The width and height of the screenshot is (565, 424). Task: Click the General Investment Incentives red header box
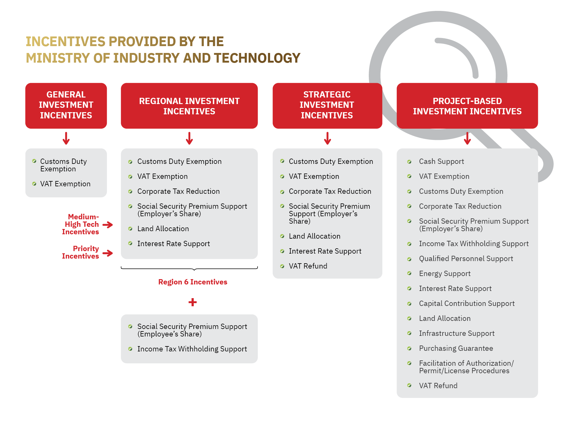[x=66, y=105]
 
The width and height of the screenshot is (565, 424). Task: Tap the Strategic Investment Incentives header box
[x=327, y=105]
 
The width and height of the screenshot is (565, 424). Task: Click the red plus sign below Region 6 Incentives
[x=192, y=302]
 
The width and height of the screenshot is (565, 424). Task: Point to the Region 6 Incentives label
[x=192, y=282]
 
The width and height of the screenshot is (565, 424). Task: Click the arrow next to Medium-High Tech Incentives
[x=108, y=225]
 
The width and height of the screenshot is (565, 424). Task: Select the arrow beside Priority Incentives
[x=108, y=253]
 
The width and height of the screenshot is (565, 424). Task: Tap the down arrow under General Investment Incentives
[x=66, y=138]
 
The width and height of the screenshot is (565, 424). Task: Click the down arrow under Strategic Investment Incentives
[x=327, y=138]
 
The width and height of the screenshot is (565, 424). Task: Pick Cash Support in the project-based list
[x=441, y=161]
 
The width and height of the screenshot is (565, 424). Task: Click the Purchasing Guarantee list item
[x=456, y=348]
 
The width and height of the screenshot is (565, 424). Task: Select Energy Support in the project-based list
[x=444, y=274]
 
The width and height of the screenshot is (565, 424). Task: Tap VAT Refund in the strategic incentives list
[x=308, y=266]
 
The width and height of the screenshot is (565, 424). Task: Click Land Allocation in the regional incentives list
[x=163, y=229]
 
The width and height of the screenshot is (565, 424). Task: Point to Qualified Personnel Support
[x=466, y=259]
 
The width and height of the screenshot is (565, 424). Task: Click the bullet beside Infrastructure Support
[x=409, y=333]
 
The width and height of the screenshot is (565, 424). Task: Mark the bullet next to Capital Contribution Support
[x=409, y=303]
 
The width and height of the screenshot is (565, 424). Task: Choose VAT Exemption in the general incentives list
[x=65, y=184]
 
